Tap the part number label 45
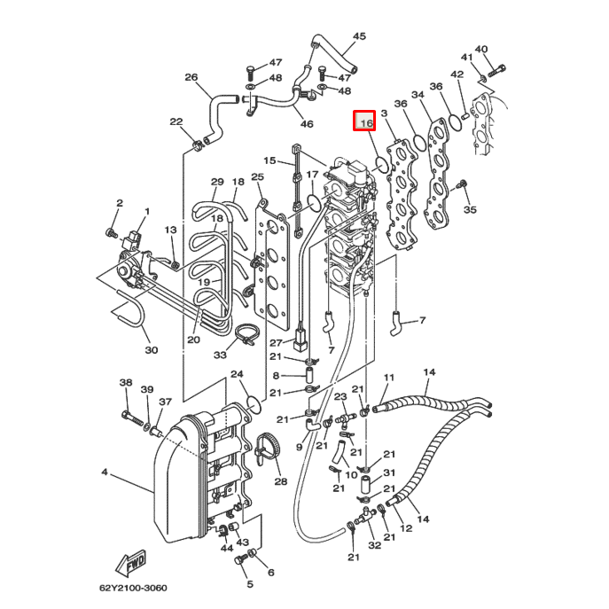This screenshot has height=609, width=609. click(359, 36)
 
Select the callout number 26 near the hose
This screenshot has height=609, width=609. click(191, 78)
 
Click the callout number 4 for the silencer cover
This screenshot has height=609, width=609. click(104, 472)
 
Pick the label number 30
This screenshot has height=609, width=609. click(151, 350)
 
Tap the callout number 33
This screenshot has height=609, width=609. click(220, 355)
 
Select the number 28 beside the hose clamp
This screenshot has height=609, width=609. click(280, 482)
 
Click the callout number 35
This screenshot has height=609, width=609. click(470, 210)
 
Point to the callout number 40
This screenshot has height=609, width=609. click(481, 50)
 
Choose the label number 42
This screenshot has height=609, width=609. click(457, 75)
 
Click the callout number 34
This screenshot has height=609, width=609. click(418, 96)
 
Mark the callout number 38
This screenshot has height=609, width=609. click(126, 382)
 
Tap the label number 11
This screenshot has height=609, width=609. click(387, 379)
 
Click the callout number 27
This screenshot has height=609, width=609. click(276, 343)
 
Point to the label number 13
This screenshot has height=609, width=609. click(170, 230)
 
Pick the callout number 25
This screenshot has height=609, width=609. click(257, 178)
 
